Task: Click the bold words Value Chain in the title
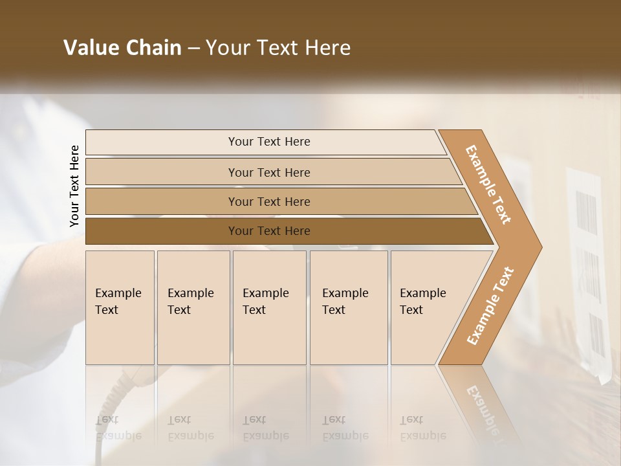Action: coord(122,48)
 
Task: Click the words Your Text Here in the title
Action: coord(278,48)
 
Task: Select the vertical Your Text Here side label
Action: coord(74,186)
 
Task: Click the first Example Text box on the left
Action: coord(120,307)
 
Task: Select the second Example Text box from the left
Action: coord(193,307)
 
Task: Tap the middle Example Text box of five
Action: coord(269,307)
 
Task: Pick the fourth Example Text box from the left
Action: coord(349,307)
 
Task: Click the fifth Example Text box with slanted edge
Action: coord(427,307)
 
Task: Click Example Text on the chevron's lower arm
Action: coord(490,305)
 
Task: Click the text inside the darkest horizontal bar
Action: coord(269,231)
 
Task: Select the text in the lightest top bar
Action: coord(269,142)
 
